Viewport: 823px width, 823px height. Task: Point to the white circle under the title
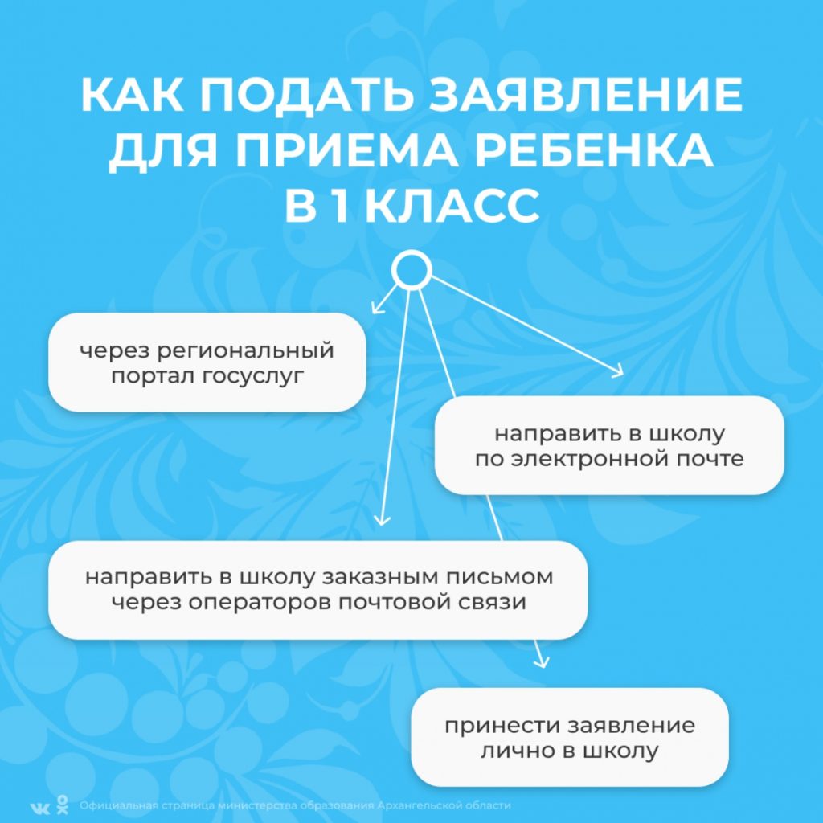(411, 271)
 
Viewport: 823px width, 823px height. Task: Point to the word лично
(514, 751)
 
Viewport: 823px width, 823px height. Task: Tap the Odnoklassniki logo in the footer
(63, 805)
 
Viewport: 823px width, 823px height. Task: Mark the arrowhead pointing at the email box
(618, 371)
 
